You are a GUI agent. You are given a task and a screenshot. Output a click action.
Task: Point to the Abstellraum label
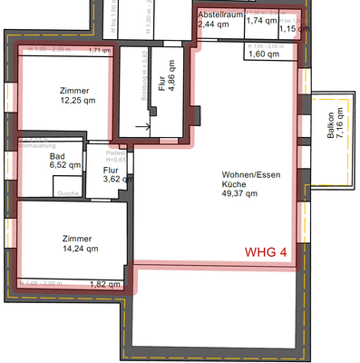tap(218, 15)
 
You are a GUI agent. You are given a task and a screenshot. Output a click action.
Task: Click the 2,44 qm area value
tap(213, 25)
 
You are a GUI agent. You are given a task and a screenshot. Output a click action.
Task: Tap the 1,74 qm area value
tap(261, 21)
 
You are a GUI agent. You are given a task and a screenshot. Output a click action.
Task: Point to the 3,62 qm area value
tap(112, 179)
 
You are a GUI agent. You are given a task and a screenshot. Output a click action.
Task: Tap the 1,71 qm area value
tap(99, 51)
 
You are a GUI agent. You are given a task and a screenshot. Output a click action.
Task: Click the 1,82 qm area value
tap(104, 284)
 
